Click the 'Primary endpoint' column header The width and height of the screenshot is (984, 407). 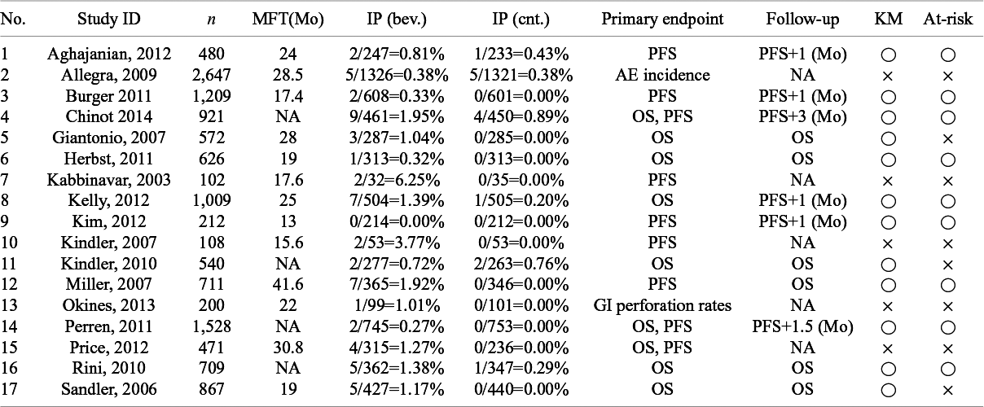(x=662, y=20)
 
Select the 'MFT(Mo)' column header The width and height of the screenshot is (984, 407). (x=288, y=20)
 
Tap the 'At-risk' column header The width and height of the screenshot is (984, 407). (x=947, y=19)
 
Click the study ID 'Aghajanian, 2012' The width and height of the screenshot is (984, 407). (x=109, y=54)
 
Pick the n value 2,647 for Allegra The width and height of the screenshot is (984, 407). (x=211, y=75)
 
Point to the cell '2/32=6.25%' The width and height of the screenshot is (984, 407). (x=396, y=180)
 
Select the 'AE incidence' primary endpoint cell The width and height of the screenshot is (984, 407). (x=662, y=75)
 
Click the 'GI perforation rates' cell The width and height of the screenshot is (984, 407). (x=662, y=305)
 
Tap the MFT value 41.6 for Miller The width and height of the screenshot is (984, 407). (x=288, y=285)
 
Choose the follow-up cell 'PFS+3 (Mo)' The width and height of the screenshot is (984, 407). (x=802, y=116)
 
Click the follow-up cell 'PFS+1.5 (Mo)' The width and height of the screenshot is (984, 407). (x=802, y=326)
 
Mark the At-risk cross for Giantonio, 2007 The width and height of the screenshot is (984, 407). (x=947, y=139)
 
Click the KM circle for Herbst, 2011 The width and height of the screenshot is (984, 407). (x=888, y=160)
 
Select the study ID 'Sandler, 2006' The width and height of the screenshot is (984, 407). (x=109, y=389)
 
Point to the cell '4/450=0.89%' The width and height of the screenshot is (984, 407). (x=521, y=116)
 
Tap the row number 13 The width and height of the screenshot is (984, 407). (x=9, y=305)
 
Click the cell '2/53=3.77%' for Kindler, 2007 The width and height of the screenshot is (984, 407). (x=396, y=243)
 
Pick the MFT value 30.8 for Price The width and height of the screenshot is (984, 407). (x=288, y=348)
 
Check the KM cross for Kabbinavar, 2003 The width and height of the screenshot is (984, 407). (x=887, y=181)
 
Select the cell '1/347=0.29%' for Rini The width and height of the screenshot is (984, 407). (x=521, y=369)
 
